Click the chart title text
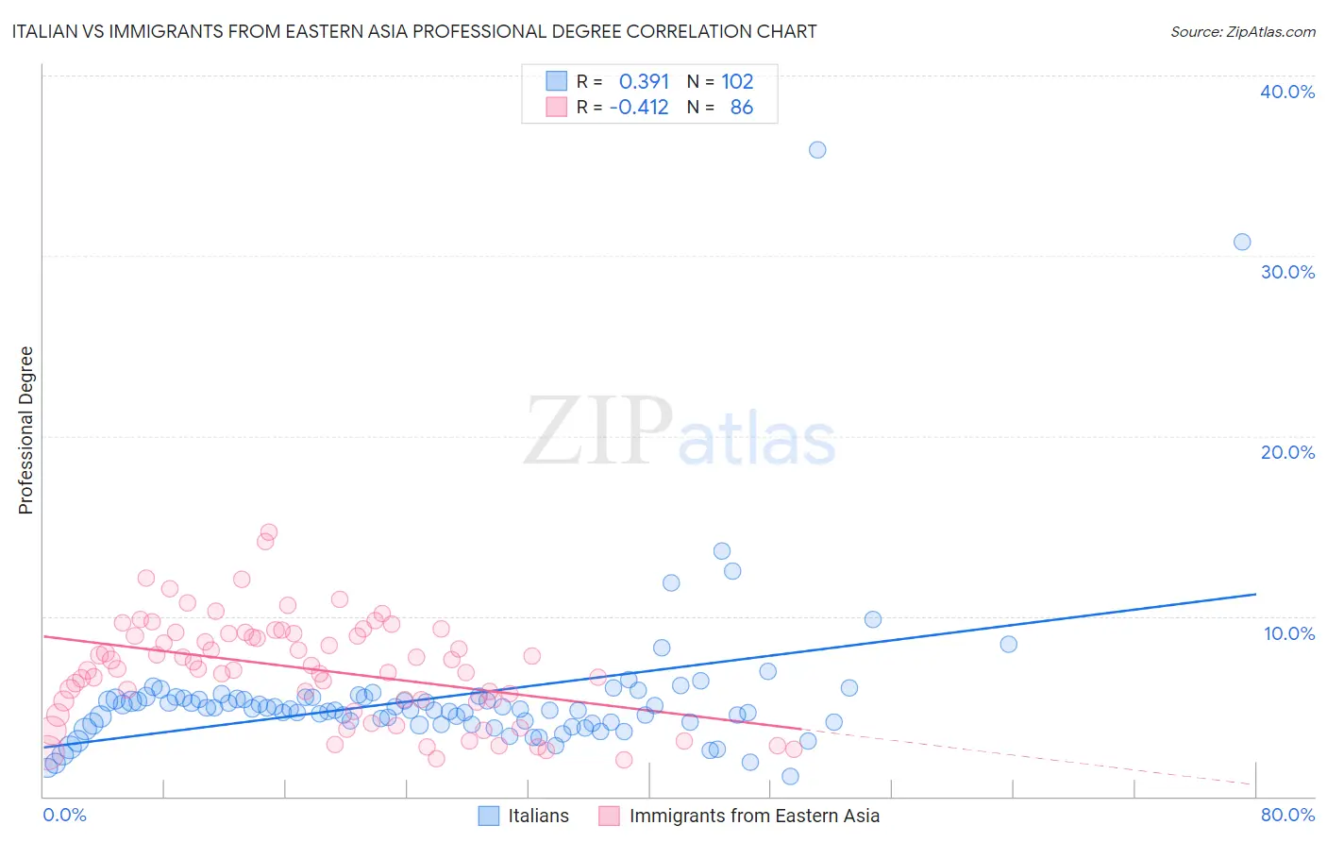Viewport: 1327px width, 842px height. click(x=414, y=31)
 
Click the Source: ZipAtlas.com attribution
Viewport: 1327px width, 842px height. click(x=1242, y=31)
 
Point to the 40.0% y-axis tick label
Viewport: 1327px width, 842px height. click(x=1287, y=92)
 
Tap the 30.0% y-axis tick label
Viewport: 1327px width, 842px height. click(x=1287, y=272)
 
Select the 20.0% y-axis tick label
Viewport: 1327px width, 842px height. click(x=1287, y=452)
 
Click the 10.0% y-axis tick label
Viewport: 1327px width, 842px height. click(x=1287, y=633)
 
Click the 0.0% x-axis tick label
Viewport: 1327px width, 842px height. click(x=64, y=815)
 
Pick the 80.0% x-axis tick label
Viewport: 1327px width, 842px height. click(x=1287, y=815)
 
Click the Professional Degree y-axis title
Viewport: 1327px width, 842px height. click(x=25, y=430)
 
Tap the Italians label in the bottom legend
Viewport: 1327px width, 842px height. click(x=538, y=816)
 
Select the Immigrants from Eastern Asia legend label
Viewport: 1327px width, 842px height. click(x=754, y=816)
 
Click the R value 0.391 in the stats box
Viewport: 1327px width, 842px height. click(x=644, y=81)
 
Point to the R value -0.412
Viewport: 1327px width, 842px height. click(x=639, y=108)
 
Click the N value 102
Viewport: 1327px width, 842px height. click(x=737, y=81)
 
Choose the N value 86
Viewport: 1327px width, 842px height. click(x=742, y=108)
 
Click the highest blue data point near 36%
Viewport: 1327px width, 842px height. click(x=817, y=150)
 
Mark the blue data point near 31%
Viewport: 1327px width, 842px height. click(x=1242, y=242)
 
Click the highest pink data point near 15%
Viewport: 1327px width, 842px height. click(x=268, y=532)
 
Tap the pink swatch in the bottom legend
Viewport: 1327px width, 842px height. click(x=609, y=816)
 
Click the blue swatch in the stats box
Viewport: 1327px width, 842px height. click(x=557, y=81)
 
